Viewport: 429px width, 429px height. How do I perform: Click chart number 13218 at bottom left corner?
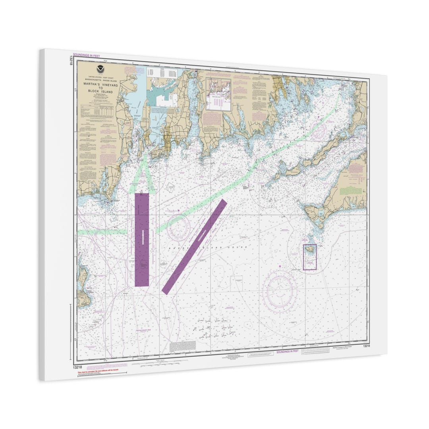[77, 367]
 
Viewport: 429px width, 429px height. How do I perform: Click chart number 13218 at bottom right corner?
[366, 346]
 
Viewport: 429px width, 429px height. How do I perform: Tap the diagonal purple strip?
[195, 246]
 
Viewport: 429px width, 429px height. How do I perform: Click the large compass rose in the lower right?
[280, 292]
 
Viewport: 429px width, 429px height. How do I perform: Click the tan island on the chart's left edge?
[83, 286]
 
